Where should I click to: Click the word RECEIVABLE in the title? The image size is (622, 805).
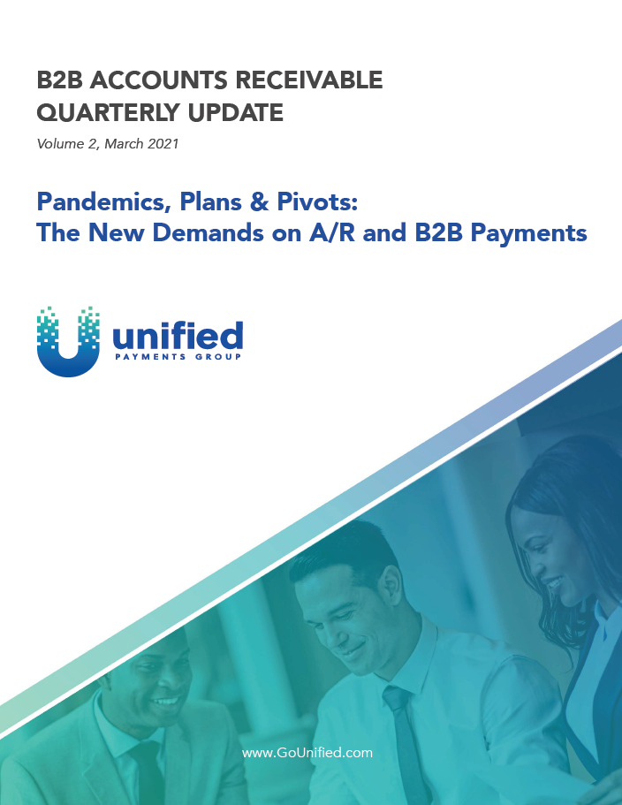(308, 80)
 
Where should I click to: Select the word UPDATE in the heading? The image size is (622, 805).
(236, 112)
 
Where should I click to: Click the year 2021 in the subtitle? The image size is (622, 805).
(163, 143)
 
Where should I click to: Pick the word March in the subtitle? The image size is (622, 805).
(124, 143)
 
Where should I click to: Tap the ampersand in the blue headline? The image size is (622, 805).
(260, 201)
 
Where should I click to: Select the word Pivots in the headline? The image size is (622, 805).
(317, 201)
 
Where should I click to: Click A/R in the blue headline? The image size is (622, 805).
(331, 232)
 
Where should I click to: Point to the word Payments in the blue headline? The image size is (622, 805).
(528, 233)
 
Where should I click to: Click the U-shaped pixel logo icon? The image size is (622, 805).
(68, 342)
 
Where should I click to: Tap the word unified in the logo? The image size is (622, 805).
(177, 336)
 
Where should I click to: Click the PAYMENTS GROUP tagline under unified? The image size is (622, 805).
(178, 357)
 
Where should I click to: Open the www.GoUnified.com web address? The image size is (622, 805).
(307, 753)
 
